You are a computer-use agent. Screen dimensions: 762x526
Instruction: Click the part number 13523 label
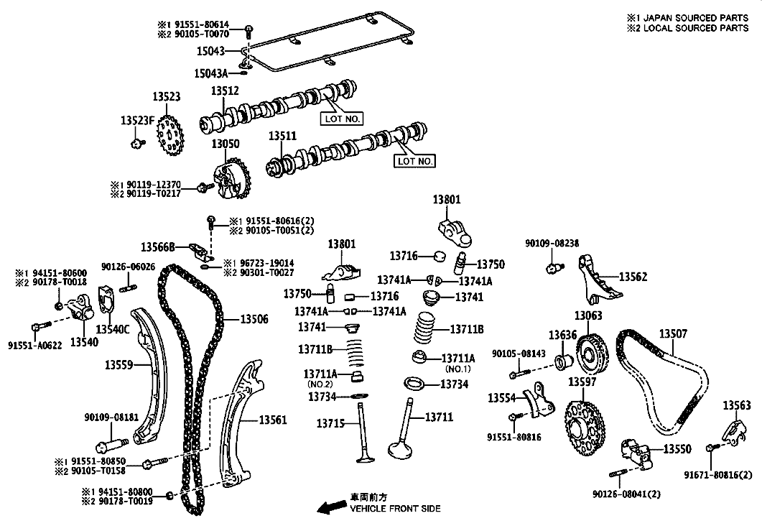[167, 96]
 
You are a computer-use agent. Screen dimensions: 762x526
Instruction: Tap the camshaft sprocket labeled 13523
[169, 134]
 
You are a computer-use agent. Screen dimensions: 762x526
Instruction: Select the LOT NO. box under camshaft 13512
[342, 119]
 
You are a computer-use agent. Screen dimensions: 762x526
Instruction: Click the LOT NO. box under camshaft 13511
[414, 161]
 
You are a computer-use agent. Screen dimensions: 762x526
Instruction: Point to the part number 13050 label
[226, 144]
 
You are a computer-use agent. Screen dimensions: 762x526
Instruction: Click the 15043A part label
[211, 73]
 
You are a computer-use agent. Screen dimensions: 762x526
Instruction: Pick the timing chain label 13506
[254, 319]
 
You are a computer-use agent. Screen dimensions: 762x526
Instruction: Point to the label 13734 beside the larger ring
[455, 384]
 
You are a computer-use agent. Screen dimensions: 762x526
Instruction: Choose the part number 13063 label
[588, 315]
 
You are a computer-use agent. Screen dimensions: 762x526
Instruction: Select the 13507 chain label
[673, 333]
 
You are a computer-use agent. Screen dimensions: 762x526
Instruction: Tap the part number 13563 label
[737, 405]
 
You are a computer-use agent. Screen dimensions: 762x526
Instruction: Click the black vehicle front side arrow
[331, 507]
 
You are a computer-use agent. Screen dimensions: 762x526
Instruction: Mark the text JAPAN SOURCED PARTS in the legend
[696, 17]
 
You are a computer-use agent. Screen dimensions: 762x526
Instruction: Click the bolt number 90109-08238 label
[552, 243]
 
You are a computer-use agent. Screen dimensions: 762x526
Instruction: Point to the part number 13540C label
[113, 329]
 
